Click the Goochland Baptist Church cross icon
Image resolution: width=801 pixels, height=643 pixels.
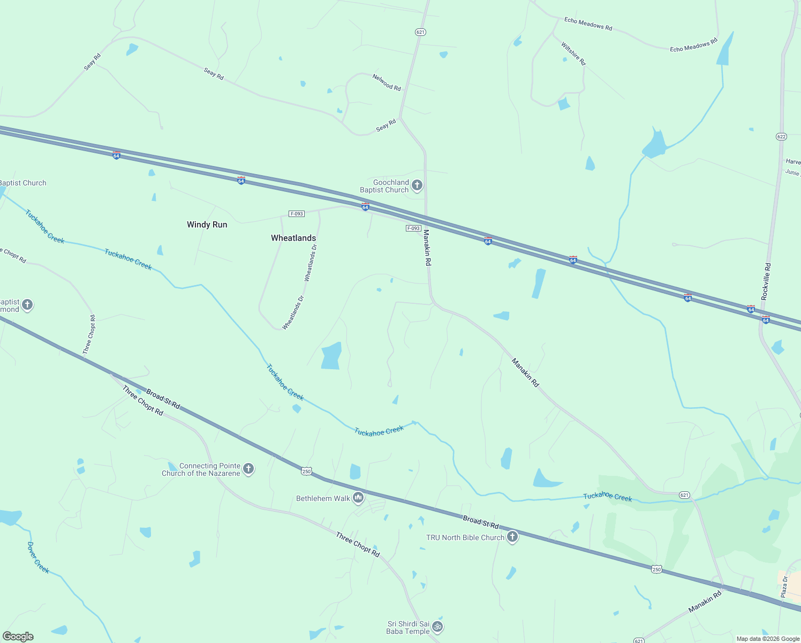[417, 186]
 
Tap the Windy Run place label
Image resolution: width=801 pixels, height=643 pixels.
[207, 225]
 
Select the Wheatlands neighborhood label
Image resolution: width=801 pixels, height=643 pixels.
[293, 238]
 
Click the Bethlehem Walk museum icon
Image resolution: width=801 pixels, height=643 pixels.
[358, 498]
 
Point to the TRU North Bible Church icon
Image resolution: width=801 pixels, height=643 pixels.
[512, 537]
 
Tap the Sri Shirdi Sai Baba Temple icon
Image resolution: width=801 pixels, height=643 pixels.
[437, 626]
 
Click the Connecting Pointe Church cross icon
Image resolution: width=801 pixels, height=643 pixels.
[248, 469]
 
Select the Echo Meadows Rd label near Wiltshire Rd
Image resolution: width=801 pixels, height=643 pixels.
[588, 24]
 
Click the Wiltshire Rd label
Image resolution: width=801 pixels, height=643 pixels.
[573, 54]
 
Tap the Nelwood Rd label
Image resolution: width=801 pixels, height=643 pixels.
[387, 83]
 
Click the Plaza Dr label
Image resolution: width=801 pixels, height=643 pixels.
[784, 587]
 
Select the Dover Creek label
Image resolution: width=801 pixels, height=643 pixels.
[38, 558]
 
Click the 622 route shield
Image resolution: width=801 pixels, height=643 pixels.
[781, 137]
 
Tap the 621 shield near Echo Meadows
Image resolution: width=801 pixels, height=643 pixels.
[420, 32]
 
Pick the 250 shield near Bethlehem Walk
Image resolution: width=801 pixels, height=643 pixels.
[306, 471]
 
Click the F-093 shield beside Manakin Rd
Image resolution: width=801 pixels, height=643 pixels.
[413, 228]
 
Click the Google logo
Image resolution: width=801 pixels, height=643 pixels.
[18, 637]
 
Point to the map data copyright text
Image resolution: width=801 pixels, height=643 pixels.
[768, 639]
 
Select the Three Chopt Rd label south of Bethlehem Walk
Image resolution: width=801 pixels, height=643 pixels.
[358, 544]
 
